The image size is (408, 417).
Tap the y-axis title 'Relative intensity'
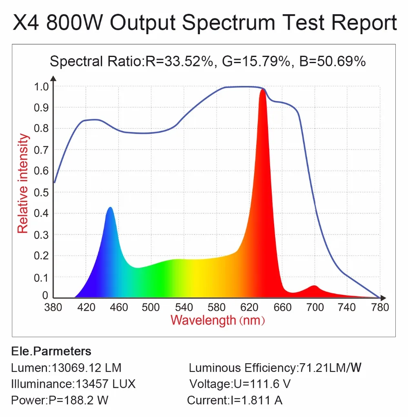click(x=23, y=184)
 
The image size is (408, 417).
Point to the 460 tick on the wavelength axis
click(x=119, y=307)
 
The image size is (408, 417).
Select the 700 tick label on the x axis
click(x=315, y=307)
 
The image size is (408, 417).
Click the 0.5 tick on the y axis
click(x=42, y=192)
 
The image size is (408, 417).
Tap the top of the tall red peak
click(x=262, y=91)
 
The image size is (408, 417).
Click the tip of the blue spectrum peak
click(x=110, y=208)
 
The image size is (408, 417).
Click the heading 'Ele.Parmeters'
click(x=51, y=351)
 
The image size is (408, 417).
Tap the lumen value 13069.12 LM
click(x=85, y=368)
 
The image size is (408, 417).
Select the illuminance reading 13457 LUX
click(x=104, y=384)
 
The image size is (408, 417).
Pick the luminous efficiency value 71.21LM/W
click(x=330, y=368)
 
